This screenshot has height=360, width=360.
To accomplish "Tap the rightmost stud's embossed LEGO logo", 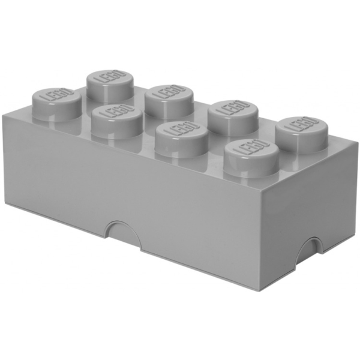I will click(x=304, y=127).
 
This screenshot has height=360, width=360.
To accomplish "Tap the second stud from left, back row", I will click(x=169, y=93).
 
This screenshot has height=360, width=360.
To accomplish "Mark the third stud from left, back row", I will click(x=233, y=109).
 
